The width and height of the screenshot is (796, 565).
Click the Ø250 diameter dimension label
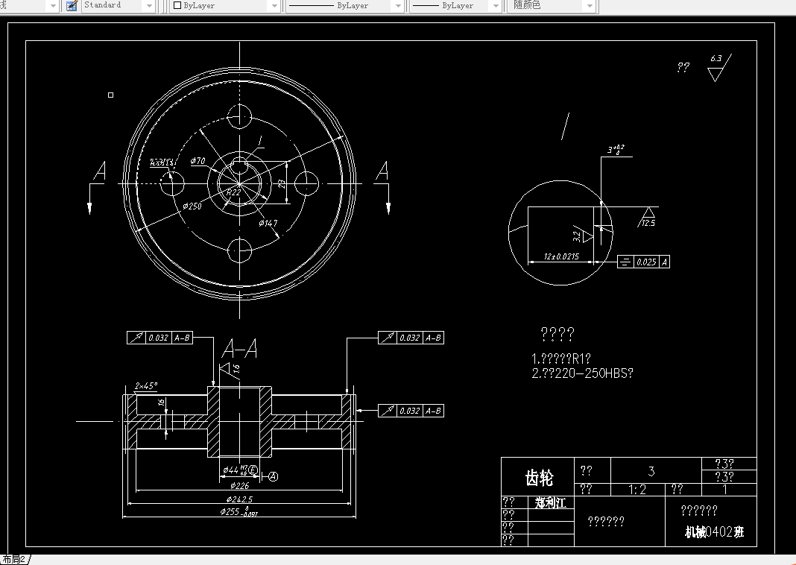[x=192, y=206]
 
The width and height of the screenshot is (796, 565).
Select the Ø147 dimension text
[x=268, y=223]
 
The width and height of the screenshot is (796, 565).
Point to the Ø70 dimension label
[x=198, y=161]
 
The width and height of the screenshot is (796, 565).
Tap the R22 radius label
[x=233, y=192]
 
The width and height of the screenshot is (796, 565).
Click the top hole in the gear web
[x=240, y=116]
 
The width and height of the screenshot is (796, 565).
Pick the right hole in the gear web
[x=306, y=182]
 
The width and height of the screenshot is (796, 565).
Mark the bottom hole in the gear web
[x=240, y=250]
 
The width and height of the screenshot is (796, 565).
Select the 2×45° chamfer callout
[x=146, y=386]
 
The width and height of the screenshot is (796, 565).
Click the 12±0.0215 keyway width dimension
[x=561, y=256]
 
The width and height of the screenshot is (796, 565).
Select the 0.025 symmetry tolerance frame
[x=643, y=262]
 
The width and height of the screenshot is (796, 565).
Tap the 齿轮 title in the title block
[x=539, y=478]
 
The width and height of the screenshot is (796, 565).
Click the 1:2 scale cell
[x=637, y=490]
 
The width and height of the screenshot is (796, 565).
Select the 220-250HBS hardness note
[x=583, y=373]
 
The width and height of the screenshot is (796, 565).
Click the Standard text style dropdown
[x=118, y=5]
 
